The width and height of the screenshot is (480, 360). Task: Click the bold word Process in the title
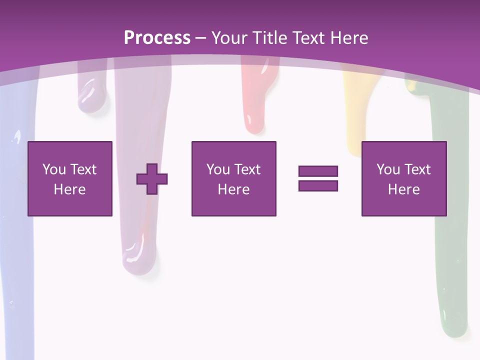(x=157, y=38)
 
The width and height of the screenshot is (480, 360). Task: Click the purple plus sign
(x=152, y=179)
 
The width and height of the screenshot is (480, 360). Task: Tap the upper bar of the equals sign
(x=318, y=171)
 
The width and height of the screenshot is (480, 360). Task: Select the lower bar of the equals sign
(x=318, y=185)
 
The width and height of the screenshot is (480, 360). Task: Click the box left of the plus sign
(x=70, y=178)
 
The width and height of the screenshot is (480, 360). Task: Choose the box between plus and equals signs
(x=234, y=178)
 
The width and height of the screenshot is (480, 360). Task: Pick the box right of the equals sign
(x=404, y=178)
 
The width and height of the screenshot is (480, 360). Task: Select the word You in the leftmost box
(x=54, y=169)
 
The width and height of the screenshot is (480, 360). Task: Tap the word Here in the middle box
(x=234, y=189)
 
